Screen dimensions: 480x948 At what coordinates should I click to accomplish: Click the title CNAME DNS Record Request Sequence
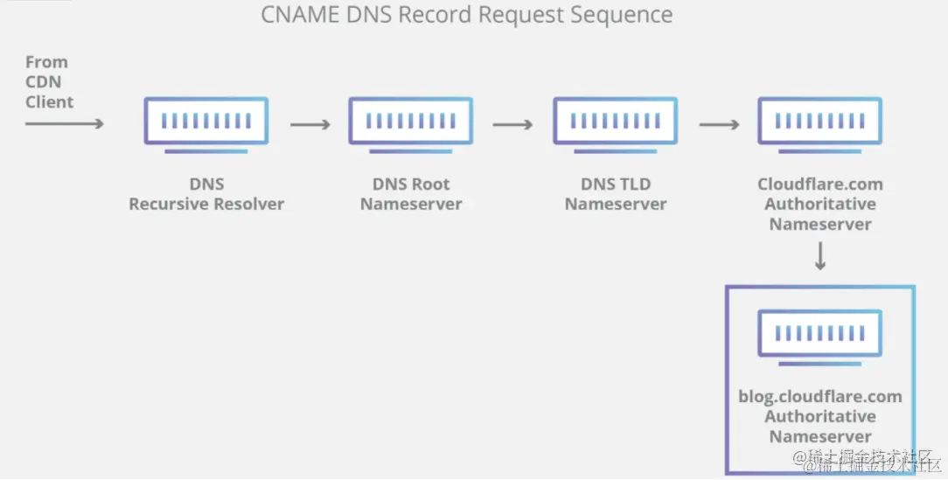click(x=467, y=15)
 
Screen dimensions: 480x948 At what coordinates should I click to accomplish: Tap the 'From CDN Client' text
click(x=49, y=82)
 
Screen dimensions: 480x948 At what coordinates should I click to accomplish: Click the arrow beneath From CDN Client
click(x=64, y=124)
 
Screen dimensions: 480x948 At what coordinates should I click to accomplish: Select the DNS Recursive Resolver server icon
click(x=206, y=122)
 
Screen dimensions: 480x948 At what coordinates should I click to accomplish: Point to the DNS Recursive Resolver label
click(x=206, y=194)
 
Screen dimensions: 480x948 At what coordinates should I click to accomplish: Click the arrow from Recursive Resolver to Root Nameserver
click(x=310, y=125)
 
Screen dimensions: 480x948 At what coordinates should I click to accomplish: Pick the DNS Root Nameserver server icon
click(x=411, y=122)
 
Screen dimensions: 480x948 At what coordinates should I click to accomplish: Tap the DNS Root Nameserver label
click(x=411, y=194)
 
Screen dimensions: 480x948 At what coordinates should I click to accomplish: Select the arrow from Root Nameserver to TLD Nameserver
click(x=512, y=125)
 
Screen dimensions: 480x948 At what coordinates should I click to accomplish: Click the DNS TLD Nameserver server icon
click(x=615, y=122)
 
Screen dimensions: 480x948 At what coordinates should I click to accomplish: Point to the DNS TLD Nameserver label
click(x=615, y=194)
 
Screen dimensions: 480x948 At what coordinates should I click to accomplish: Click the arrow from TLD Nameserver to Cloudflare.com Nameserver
click(x=719, y=125)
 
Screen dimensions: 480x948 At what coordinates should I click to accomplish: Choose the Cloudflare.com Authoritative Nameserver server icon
click(x=819, y=122)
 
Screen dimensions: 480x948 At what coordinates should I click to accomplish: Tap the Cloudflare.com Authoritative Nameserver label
click(x=819, y=204)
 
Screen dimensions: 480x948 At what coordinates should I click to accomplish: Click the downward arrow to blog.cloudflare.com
click(x=819, y=257)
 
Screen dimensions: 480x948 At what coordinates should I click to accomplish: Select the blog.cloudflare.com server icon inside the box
click(x=819, y=336)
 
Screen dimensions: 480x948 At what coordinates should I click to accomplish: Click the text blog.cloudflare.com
click(x=819, y=397)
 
